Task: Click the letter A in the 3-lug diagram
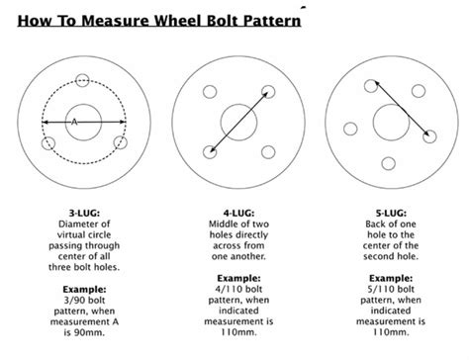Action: [x=73, y=122]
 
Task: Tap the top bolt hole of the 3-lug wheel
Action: [x=83, y=82]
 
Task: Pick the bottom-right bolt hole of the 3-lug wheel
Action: [x=121, y=143]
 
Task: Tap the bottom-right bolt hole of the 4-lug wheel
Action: [x=268, y=152]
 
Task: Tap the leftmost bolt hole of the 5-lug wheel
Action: [x=348, y=127]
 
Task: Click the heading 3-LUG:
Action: [x=83, y=212]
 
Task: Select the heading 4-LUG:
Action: [x=237, y=212]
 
